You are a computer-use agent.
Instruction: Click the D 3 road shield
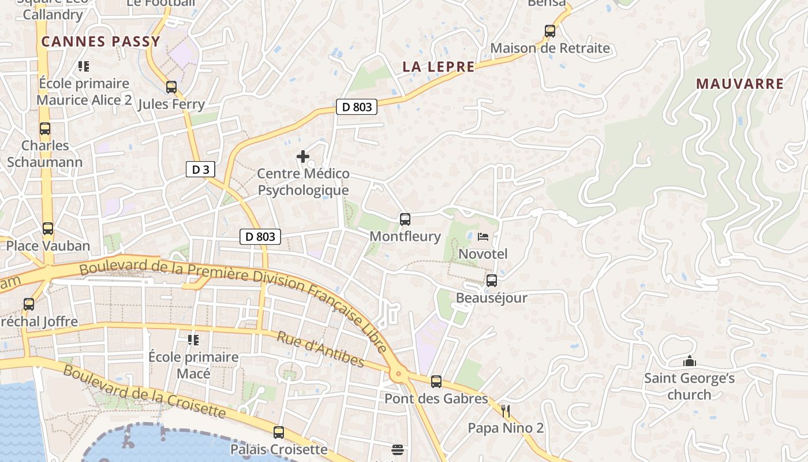click(x=201, y=169)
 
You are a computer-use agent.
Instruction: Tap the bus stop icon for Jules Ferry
click(x=171, y=87)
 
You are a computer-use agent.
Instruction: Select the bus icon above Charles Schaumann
click(x=45, y=129)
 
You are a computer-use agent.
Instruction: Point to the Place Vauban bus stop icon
click(x=48, y=229)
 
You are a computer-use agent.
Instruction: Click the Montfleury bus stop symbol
click(x=405, y=219)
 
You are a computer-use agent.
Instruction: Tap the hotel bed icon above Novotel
click(x=483, y=237)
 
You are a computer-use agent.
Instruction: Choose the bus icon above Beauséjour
click(x=492, y=281)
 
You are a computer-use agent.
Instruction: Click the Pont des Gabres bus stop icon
click(x=436, y=381)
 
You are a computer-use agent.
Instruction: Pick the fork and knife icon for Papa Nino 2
click(x=506, y=411)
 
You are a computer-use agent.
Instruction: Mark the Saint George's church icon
click(x=689, y=362)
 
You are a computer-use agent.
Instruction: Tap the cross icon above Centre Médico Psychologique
click(x=303, y=157)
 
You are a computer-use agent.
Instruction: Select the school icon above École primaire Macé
click(x=193, y=340)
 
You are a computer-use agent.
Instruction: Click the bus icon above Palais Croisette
click(x=279, y=432)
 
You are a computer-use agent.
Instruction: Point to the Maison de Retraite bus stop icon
click(x=550, y=31)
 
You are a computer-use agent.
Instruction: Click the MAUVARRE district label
click(x=740, y=84)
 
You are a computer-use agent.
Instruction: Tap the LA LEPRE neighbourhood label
click(x=439, y=66)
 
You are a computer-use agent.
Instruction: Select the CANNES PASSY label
click(x=100, y=42)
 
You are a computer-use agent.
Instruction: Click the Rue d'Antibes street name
click(x=320, y=349)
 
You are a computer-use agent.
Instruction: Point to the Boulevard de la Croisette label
click(x=144, y=391)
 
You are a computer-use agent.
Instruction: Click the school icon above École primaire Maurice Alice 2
click(x=84, y=66)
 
